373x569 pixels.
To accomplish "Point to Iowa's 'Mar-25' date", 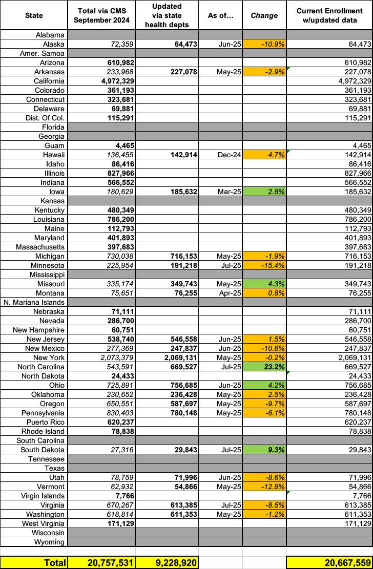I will click(221, 192).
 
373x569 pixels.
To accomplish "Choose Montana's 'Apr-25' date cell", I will click(221, 293).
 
